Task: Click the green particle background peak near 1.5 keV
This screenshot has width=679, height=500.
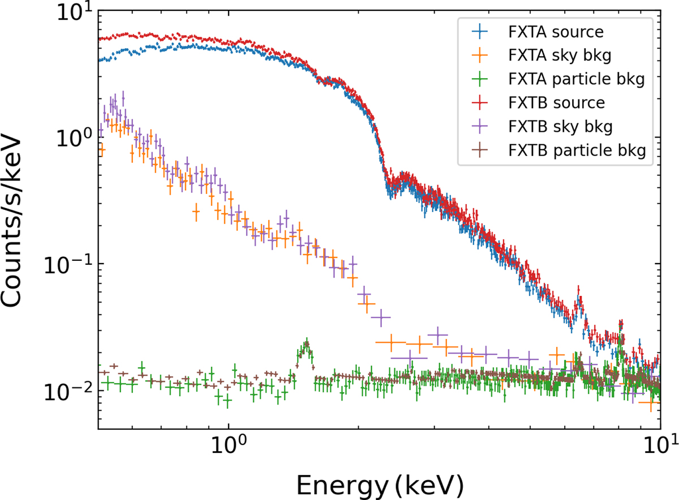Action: pyautogui.click(x=306, y=344)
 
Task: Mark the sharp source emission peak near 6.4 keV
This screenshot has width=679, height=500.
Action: pyautogui.click(x=578, y=294)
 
